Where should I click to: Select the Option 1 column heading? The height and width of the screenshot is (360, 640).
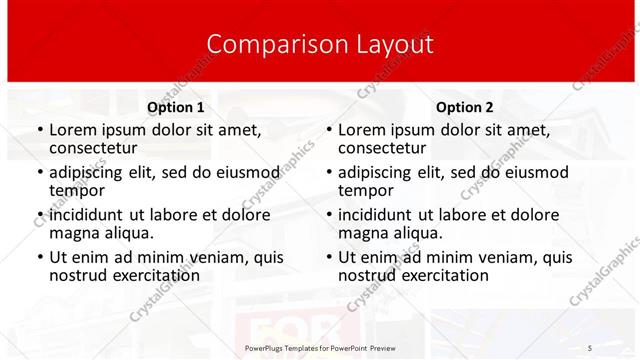tap(175, 107)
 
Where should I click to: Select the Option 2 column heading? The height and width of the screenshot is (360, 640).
tap(465, 107)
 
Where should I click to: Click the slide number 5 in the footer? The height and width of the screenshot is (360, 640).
tap(589, 346)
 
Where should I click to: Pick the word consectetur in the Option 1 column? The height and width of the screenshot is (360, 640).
tap(98, 148)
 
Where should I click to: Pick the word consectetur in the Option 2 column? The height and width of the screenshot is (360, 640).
tap(387, 148)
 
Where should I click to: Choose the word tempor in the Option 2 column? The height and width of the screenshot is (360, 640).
tap(365, 190)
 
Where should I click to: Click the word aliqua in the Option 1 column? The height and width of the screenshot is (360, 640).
tap(128, 233)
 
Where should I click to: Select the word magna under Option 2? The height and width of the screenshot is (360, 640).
tap(363, 233)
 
